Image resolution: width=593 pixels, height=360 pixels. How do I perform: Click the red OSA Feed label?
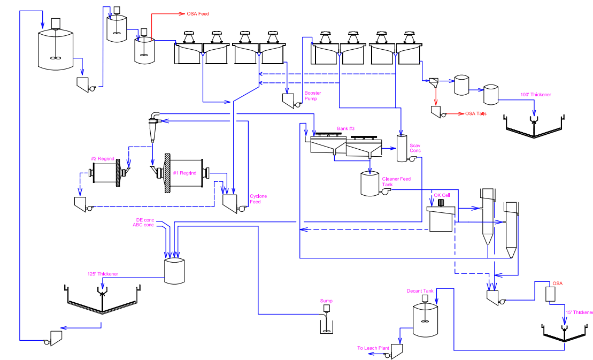197,13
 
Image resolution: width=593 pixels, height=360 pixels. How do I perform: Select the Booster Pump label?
313,96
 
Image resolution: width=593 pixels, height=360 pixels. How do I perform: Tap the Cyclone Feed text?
258,199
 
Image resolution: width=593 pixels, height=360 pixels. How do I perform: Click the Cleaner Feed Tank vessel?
370,183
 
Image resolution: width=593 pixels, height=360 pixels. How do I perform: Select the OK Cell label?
442,195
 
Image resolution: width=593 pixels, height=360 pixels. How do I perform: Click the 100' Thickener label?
535,95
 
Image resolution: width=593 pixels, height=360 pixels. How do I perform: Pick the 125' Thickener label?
103,274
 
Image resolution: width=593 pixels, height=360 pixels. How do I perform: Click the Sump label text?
326,301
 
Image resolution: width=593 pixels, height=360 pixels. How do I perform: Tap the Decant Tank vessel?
425,320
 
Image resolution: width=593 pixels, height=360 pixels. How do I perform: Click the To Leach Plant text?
373,348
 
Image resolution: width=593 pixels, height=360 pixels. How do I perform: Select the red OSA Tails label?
475,113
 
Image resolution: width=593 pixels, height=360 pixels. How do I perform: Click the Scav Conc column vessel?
402,149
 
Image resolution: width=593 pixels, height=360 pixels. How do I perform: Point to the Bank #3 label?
345,128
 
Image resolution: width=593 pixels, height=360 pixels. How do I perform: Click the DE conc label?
145,220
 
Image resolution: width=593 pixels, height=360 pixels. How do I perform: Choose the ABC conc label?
143,225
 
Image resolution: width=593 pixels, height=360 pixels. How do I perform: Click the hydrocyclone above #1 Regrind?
153,126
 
